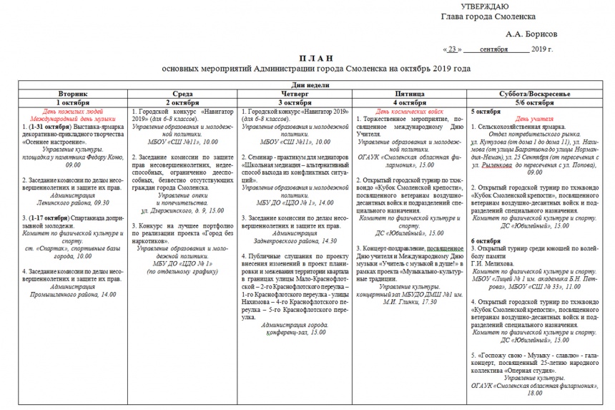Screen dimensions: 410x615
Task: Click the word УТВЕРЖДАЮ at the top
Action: [486, 6]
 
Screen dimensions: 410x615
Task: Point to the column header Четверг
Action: [295, 94]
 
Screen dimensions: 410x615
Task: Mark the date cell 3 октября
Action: [295, 102]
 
